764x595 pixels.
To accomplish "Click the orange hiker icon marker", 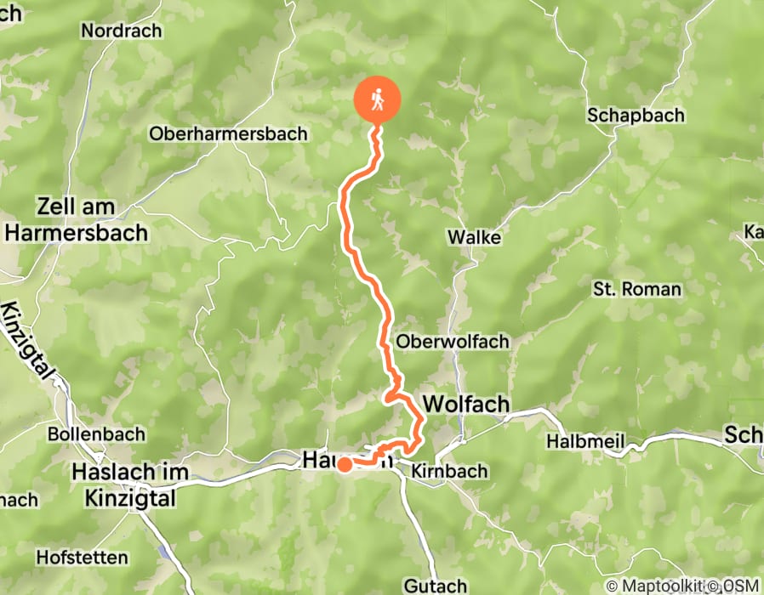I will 376,100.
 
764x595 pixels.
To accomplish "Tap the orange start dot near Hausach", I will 345,465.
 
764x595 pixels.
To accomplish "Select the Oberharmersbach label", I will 228,133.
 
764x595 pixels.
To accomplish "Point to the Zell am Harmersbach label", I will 77,219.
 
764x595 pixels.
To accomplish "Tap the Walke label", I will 477,238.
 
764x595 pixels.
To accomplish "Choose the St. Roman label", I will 637,290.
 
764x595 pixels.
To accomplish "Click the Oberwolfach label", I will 453,342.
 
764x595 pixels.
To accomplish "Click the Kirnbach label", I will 449,470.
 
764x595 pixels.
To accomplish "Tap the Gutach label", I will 436,586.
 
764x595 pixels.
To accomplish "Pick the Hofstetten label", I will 82,558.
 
